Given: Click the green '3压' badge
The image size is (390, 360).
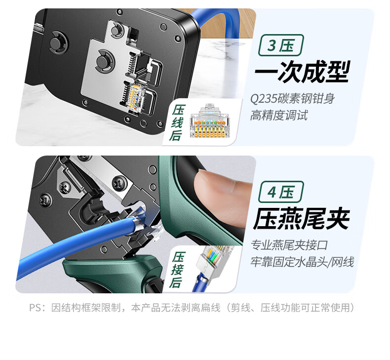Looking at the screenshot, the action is click(x=281, y=45).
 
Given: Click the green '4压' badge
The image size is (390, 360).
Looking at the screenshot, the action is click(x=281, y=192).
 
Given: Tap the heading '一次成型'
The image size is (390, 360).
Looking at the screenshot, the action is click(x=303, y=72).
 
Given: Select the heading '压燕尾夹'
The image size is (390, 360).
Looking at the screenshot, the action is click(x=302, y=219).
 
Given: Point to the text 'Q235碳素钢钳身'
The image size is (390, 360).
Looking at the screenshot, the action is click(x=292, y=99).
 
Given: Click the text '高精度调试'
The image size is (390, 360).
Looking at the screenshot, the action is click(x=279, y=115).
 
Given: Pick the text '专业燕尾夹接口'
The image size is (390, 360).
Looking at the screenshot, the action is click(x=289, y=245).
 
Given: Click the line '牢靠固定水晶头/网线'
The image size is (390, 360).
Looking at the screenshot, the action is click(x=302, y=262).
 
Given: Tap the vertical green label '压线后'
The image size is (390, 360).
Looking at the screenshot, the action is click(x=177, y=122).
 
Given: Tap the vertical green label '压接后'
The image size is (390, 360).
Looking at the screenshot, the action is click(x=177, y=270).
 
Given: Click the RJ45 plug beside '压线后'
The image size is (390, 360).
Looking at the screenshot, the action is click(x=209, y=120).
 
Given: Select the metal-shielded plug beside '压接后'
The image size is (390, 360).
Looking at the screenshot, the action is click(x=212, y=268).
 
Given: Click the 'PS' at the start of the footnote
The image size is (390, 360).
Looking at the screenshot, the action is click(x=35, y=308).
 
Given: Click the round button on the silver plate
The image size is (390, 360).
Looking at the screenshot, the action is click(x=103, y=61).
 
